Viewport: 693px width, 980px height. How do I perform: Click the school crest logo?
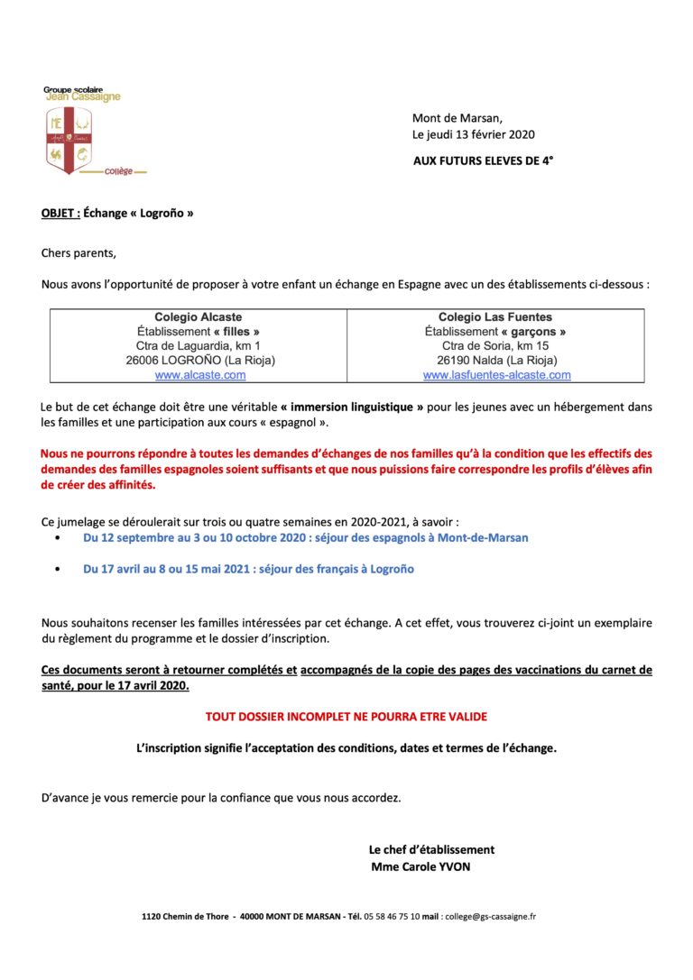pos(69,140)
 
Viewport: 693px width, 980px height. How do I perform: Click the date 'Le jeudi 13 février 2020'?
pos(474,135)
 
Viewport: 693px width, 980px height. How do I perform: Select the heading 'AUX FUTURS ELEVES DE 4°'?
pos(484,160)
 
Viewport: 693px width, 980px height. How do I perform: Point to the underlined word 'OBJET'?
pos(60,214)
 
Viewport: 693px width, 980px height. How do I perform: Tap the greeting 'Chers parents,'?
pos(79,253)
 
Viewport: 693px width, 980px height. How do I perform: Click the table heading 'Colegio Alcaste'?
pos(199,317)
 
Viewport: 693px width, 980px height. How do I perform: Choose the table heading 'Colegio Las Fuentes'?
pos(495,317)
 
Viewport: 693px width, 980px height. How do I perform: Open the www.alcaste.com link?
pos(200,375)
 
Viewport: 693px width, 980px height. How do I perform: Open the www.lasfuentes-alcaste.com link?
pos(496,375)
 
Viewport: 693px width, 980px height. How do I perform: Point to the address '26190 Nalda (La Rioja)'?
pos(496,361)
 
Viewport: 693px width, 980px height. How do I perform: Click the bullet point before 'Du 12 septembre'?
pos(59,537)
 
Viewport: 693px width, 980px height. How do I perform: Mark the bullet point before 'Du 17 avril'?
pos(59,570)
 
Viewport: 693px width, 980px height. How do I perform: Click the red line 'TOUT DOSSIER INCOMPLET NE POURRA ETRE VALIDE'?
pos(346,717)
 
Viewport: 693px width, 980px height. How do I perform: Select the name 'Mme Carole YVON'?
pos(420,867)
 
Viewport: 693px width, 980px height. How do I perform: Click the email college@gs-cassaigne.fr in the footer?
pos(490,917)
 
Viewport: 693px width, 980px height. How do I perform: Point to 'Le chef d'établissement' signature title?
pos(431,849)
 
